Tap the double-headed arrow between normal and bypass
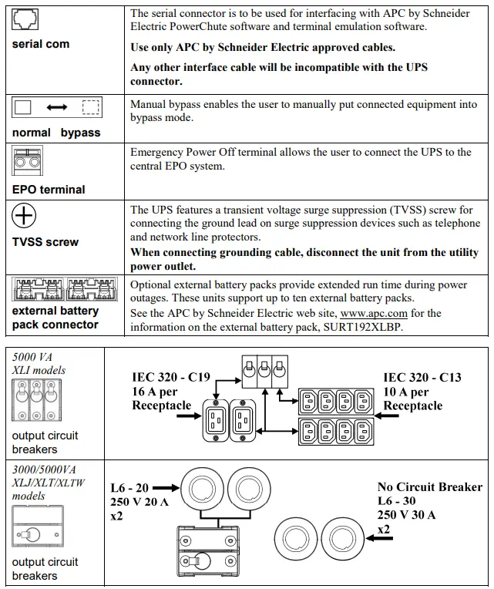tap(58, 109)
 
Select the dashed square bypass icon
tap(91, 108)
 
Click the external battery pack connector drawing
tap(64, 291)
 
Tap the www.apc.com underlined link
tap(374, 313)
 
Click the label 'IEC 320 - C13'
tap(422, 377)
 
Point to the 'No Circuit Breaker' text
tap(429, 486)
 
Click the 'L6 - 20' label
tap(130, 487)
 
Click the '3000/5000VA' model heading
tap(45, 469)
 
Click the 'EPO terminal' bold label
tap(49, 190)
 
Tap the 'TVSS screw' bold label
tap(45, 242)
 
